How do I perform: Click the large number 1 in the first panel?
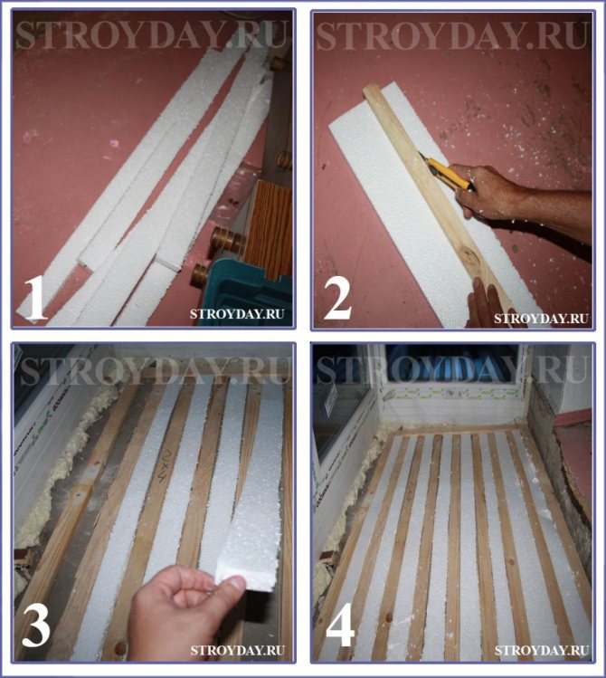[x=35, y=298]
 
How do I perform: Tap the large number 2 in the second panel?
[x=337, y=298]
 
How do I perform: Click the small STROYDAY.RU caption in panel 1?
[x=237, y=313]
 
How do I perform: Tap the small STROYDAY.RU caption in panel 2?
[x=541, y=319]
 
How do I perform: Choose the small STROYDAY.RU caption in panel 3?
[x=237, y=650]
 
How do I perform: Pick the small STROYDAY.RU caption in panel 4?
[x=542, y=650]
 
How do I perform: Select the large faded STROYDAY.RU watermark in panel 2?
[x=452, y=35]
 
